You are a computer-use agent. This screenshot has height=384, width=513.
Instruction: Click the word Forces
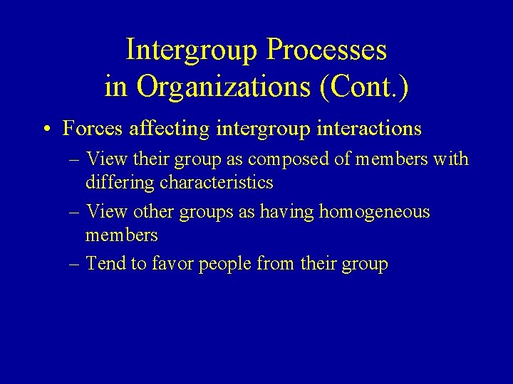pos(90,129)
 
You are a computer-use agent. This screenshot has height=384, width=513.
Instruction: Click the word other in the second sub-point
pos(150,212)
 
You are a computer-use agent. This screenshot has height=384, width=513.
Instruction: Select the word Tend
pos(104,264)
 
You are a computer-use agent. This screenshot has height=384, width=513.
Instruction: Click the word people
pos(225,265)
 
